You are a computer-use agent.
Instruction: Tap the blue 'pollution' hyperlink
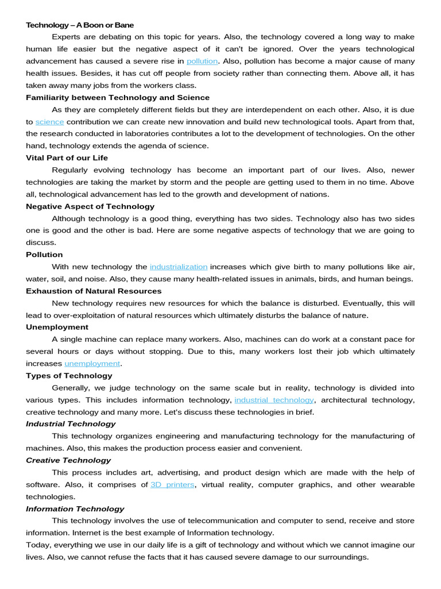pos(202,61)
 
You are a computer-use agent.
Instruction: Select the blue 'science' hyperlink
pos(49,121)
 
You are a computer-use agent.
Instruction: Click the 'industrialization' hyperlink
pos(179,266)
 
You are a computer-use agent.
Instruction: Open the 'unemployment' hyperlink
pos(92,364)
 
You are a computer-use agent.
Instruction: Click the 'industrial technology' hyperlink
pos(274,400)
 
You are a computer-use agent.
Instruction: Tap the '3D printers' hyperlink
pos(172,484)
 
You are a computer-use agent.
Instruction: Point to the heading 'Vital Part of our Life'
pos(67,158)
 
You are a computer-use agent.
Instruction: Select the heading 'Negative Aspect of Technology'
pos(90,206)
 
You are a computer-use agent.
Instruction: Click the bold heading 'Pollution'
pos(44,254)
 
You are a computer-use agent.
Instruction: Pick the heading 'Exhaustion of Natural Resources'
pos(94,291)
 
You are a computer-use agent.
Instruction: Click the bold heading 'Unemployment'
pos(57,327)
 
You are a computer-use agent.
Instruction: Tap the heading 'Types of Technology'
pos(69,376)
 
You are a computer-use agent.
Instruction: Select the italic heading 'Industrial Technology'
pos(71,424)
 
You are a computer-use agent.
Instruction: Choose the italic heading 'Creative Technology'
pos(68,460)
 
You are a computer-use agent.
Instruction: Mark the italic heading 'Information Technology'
pos(75,508)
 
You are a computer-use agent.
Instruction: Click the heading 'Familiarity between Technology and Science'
pos(118,97)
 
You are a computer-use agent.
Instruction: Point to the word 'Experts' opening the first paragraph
pos(66,37)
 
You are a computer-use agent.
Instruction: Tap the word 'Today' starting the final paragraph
pos(36,545)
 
